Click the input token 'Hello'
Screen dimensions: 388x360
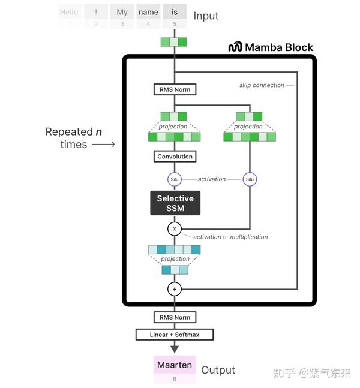click(x=70, y=12)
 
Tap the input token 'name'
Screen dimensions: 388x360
click(x=148, y=12)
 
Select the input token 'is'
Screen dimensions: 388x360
click(x=175, y=12)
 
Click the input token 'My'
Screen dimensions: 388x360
click(x=122, y=12)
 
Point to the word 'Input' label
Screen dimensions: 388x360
click(x=206, y=16)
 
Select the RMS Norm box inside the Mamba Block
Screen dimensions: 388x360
click(x=175, y=90)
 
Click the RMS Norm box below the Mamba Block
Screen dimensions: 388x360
click(x=175, y=317)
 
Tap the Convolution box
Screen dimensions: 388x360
click(x=175, y=157)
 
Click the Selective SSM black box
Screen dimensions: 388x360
click(x=175, y=203)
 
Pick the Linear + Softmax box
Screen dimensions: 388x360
click(x=175, y=334)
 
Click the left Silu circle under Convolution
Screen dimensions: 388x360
click(x=175, y=179)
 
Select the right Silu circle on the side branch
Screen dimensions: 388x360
click(x=250, y=179)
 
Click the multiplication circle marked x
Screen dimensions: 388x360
click(x=175, y=229)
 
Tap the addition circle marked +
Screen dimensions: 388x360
click(x=175, y=289)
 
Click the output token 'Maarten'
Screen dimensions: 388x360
click(x=175, y=365)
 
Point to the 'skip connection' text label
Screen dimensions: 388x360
click(x=262, y=85)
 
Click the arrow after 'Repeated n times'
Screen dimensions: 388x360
click(x=103, y=145)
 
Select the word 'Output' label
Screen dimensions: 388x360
click(x=218, y=370)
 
